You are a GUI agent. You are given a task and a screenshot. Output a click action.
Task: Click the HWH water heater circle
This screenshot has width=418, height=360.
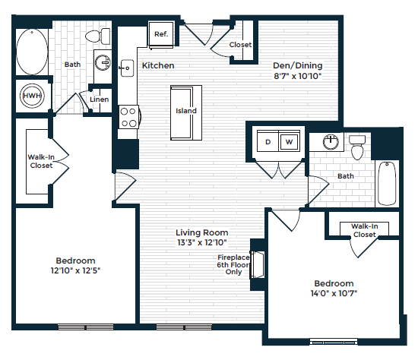[x=32, y=96]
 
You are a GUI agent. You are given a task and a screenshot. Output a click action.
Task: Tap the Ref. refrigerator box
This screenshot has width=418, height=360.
[x=161, y=34]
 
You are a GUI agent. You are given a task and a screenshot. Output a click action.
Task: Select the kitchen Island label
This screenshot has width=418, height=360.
[x=186, y=111]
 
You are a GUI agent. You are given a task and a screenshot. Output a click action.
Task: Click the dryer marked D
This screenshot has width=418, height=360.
[x=268, y=142]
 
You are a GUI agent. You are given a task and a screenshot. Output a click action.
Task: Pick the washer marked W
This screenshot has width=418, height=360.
[x=289, y=142]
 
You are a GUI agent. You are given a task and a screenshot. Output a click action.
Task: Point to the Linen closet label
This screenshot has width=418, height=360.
[x=98, y=99]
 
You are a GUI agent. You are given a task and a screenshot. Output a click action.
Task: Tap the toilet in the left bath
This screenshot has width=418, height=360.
[x=95, y=36]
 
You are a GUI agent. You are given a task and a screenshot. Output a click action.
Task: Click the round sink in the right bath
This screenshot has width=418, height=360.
[x=330, y=142]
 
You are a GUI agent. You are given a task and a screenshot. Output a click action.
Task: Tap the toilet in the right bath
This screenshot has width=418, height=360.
[x=357, y=147]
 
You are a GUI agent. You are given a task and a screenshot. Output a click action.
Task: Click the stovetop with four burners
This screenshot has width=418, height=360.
[x=128, y=118]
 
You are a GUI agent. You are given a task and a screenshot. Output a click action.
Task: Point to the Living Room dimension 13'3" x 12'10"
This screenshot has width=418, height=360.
[x=202, y=243]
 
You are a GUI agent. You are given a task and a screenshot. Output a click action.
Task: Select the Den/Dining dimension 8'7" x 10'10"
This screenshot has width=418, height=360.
[x=297, y=76]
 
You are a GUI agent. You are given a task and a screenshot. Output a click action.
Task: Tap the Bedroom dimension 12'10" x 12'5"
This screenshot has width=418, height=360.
[x=75, y=270]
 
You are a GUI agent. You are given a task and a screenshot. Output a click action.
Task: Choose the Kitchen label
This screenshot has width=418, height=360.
[x=158, y=66]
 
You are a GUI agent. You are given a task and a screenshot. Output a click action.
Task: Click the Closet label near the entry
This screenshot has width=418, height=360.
[x=240, y=45]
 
